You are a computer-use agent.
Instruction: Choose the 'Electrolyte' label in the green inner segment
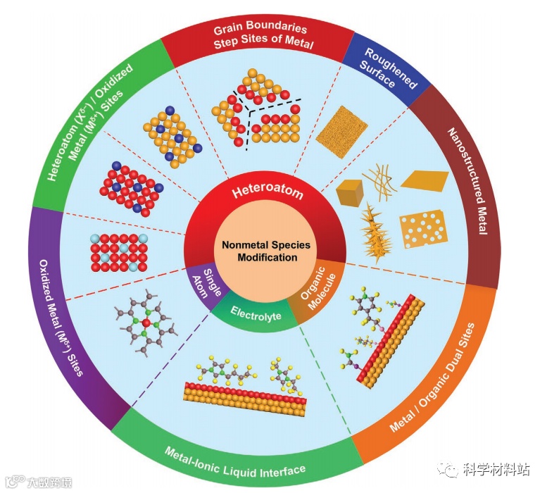tap(256, 316)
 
